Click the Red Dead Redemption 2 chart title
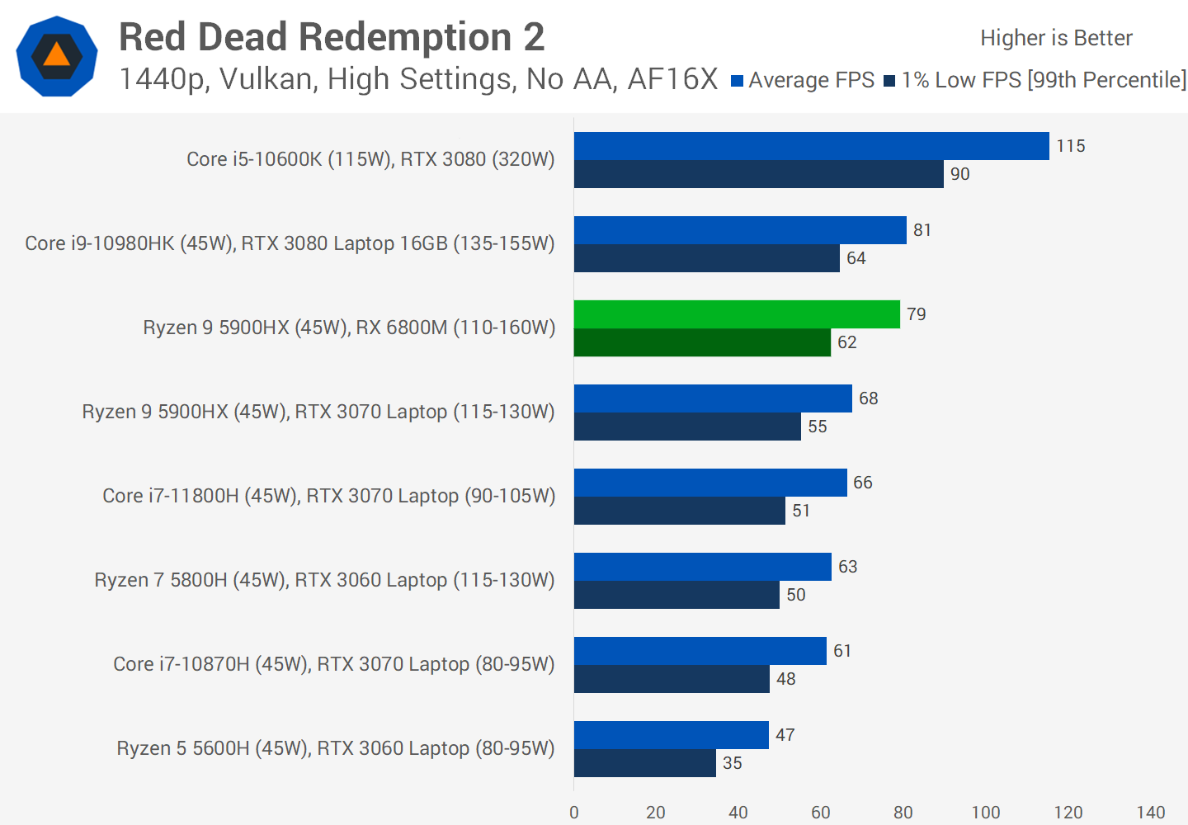pyautogui.click(x=332, y=37)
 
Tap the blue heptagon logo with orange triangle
pyautogui.click(x=57, y=56)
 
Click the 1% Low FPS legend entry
pyautogui.click(x=1035, y=80)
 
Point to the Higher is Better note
pyautogui.click(x=1056, y=38)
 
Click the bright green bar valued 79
pyautogui.click(x=737, y=314)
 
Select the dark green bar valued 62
pyautogui.click(x=702, y=342)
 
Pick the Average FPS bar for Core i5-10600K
pyautogui.click(x=811, y=146)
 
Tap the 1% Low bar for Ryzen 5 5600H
pyautogui.click(x=644, y=763)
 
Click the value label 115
pyautogui.click(x=1071, y=146)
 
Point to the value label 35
pyautogui.click(x=733, y=763)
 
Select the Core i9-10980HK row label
pyautogui.click(x=290, y=243)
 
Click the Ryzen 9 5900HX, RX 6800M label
pyautogui.click(x=349, y=328)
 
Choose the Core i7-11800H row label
pyautogui.click(x=328, y=496)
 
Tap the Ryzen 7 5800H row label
pyautogui.click(x=324, y=580)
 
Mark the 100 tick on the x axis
pyautogui.click(x=986, y=813)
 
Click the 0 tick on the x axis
pyautogui.click(x=574, y=813)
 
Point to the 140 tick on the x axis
pyautogui.click(x=1151, y=813)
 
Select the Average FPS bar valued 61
pyautogui.click(x=700, y=651)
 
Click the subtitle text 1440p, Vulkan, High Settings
pyautogui.click(x=418, y=79)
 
